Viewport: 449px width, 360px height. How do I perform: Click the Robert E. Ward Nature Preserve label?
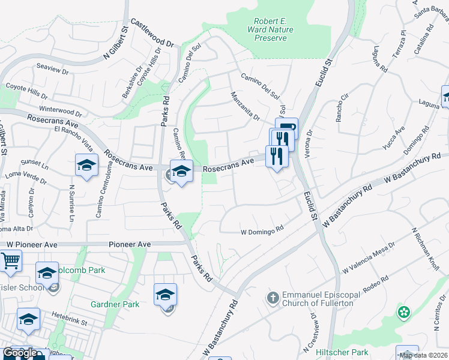click(271, 29)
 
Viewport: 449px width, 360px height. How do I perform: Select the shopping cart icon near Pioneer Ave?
click(10, 261)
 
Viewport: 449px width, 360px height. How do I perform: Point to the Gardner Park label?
click(115, 304)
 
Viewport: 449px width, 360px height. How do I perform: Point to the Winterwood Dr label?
click(60, 111)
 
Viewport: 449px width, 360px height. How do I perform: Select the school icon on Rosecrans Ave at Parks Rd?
click(181, 172)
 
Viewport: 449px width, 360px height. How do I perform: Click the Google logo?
click(20, 353)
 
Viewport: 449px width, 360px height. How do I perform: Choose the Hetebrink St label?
click(68, 323)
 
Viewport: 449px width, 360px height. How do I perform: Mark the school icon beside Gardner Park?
click(165, 295)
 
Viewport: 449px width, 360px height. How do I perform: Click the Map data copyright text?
click(423, 355)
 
